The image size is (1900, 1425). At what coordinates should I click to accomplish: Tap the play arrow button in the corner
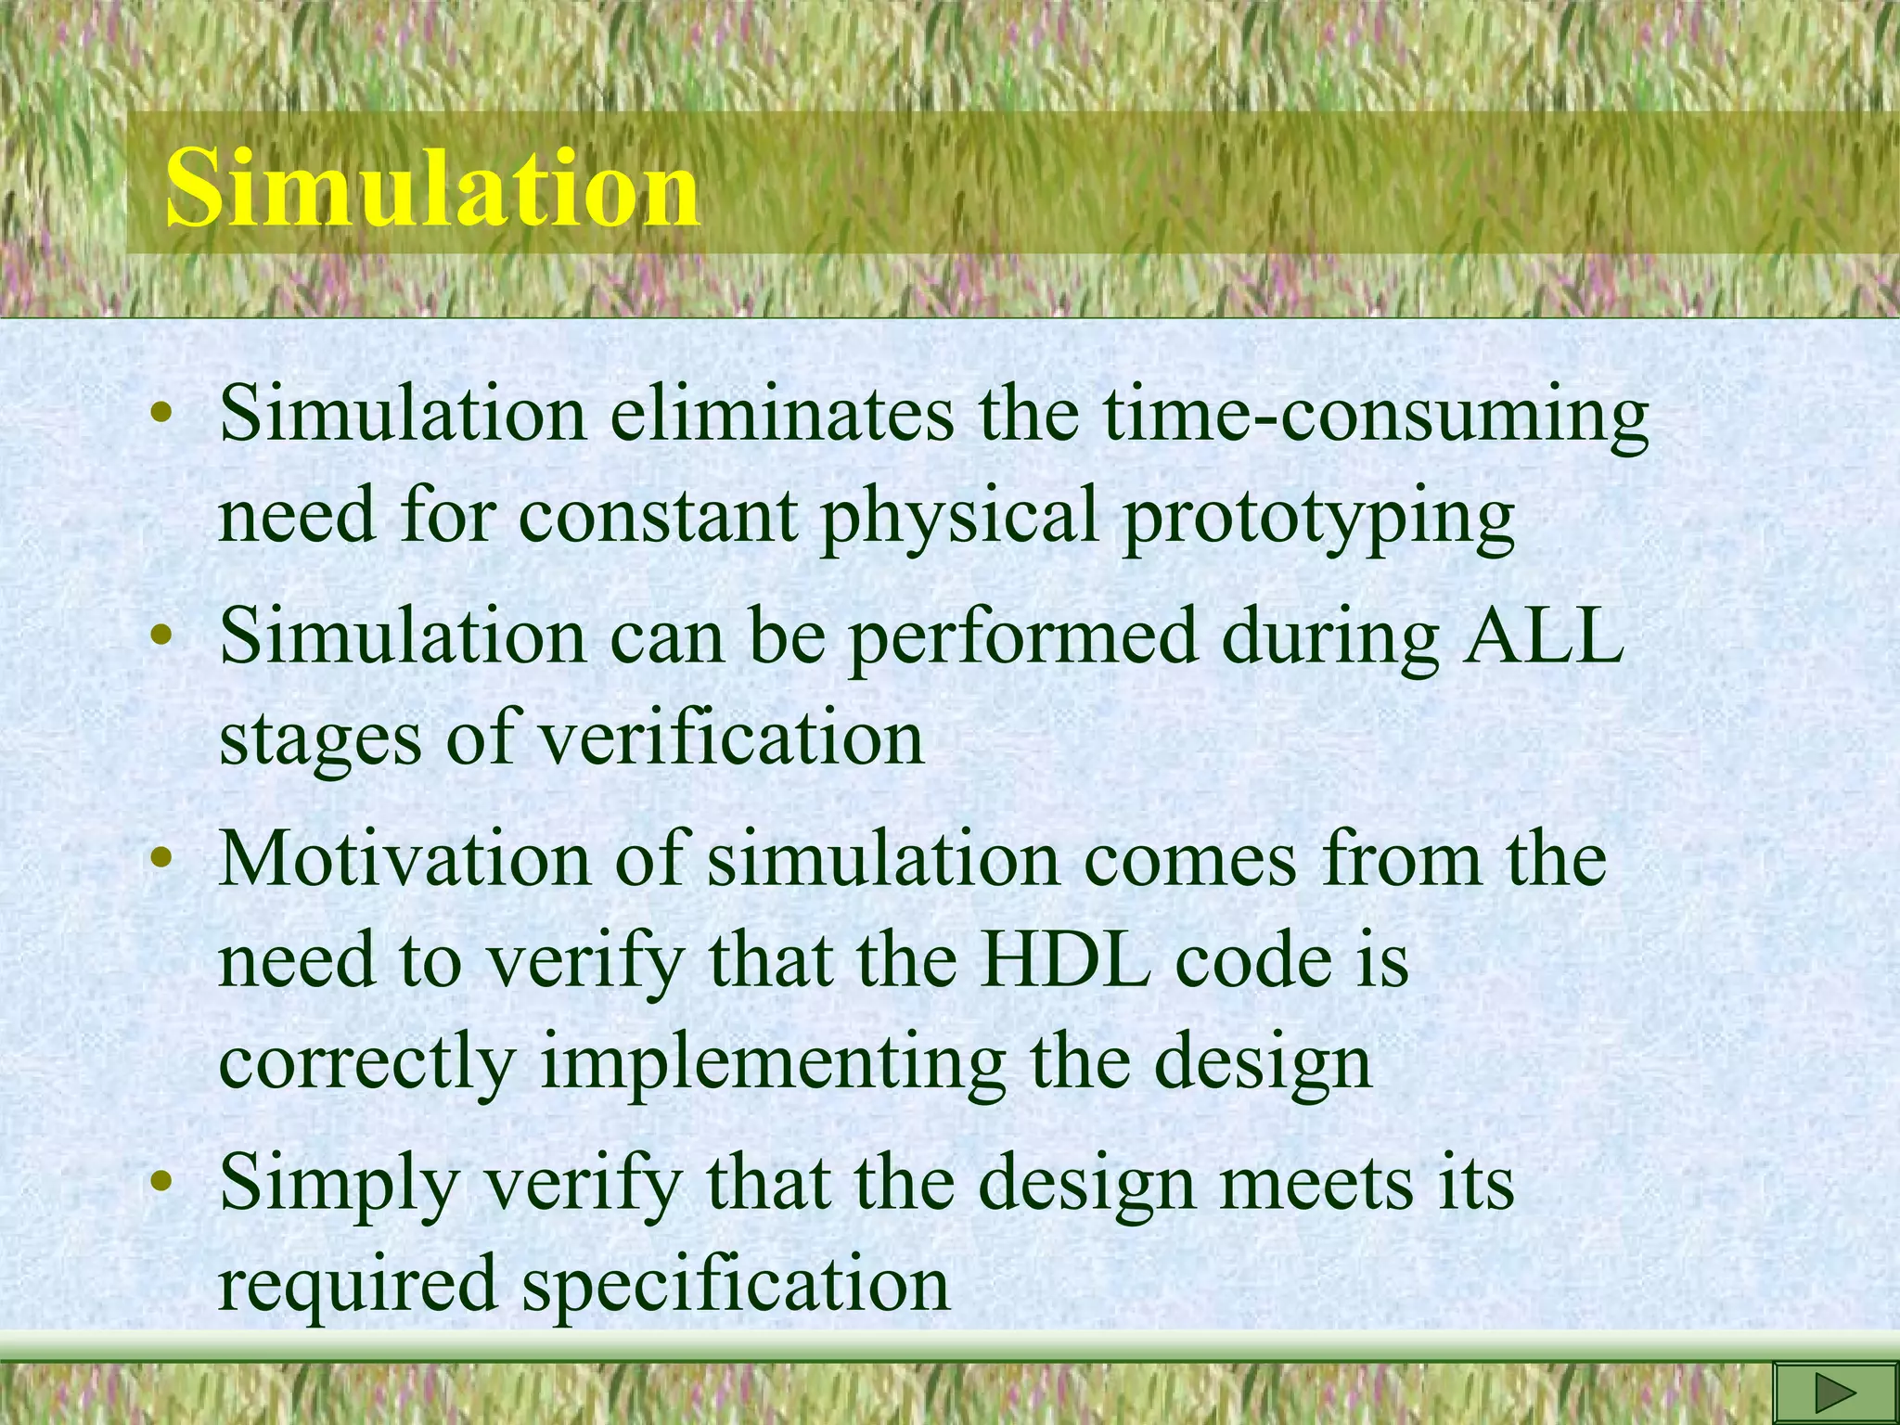point(1834,1393)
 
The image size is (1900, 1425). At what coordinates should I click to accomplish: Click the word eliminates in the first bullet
point(781,414)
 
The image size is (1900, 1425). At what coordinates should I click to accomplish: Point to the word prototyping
point(1317,518)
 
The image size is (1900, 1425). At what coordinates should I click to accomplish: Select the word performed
point(1023,640)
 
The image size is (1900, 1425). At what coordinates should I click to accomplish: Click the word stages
point(320,740)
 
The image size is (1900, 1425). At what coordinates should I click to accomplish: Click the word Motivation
point(404,859)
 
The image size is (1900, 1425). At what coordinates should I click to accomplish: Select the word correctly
point(366,1063)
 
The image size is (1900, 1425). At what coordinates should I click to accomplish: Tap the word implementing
point(773,1063)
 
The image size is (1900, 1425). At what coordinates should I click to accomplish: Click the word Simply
point(340,1186)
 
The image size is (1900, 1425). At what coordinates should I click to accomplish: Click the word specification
point(736,1286)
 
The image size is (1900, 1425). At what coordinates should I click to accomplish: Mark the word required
point(357,1286)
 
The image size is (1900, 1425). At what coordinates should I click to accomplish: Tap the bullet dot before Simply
point(163,1182)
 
